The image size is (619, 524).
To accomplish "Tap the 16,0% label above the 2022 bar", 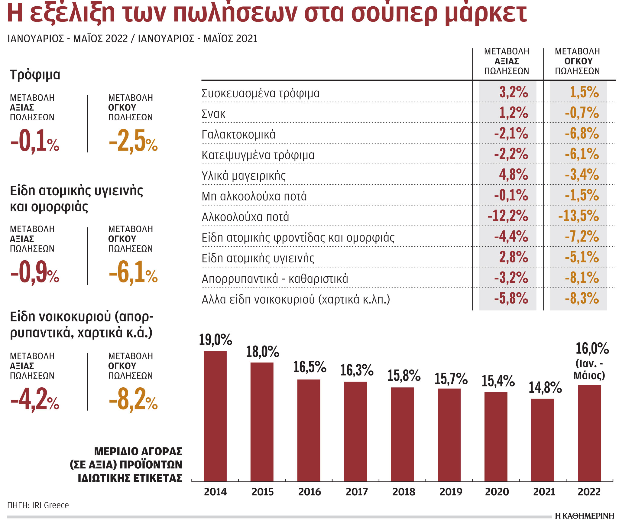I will click(x=592, y=349).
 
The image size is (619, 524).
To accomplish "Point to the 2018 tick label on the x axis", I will click(x=404, y=492).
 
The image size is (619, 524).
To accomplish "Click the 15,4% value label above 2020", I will click(x=498, y=381).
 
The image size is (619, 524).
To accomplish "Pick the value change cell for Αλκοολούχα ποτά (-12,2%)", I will click(x=508, y=216).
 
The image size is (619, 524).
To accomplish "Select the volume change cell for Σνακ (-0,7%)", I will click(x=582, y=113).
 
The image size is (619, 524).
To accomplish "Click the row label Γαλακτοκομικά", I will click(x=238, y=135).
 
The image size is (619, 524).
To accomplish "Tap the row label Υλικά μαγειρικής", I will click(x=244, y=176).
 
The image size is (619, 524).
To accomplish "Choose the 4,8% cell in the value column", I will click(x=513, y=175).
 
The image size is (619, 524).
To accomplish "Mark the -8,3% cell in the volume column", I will click(x=582, y=298).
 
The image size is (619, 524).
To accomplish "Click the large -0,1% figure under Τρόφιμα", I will click(x=35, y=141).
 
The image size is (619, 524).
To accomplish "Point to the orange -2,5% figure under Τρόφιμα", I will click(x=133, y=141).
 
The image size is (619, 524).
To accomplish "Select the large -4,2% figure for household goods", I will click(x=35, y=400).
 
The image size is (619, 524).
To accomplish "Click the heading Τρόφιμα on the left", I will click(x=35, y=75).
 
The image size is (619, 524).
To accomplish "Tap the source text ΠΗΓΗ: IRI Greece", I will click(x=38, y=505).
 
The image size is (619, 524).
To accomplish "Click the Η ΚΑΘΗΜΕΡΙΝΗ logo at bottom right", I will click(x=585, y=516).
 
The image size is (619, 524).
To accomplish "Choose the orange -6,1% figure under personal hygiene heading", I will click(x=133, y=273).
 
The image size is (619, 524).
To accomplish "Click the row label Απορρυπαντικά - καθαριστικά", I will click(x=275, y=279).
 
